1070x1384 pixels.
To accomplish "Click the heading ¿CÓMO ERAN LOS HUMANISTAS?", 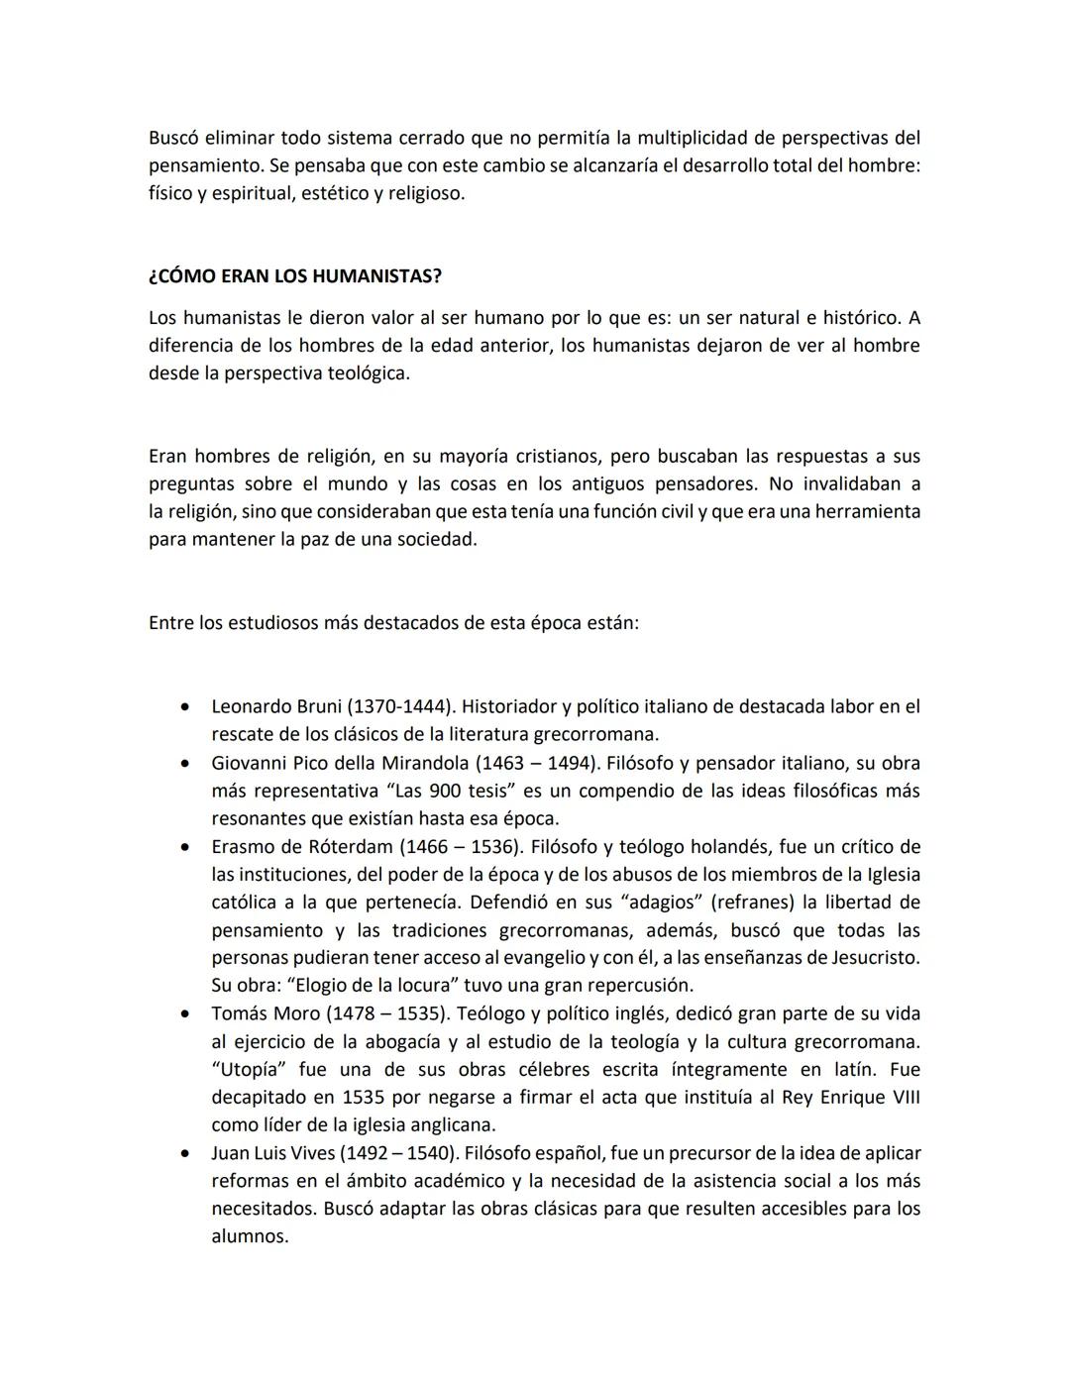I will (295, 276).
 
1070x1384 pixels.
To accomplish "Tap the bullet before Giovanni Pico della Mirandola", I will (185, 764).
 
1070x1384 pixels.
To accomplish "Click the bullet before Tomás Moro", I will (185, 1014).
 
